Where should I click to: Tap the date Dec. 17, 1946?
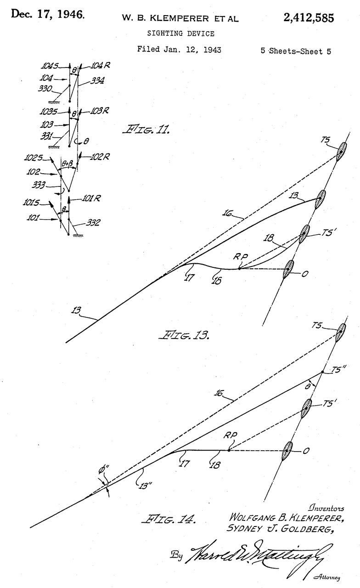(48, 14)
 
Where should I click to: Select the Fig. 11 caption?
(146, 130)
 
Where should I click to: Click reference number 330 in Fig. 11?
(45, 89)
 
